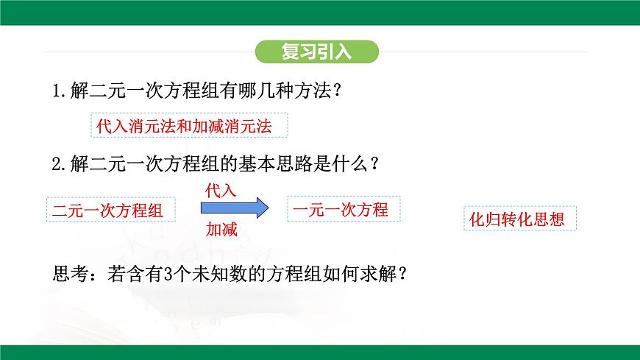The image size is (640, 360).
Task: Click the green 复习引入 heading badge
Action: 317,52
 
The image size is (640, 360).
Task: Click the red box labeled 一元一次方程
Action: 340,209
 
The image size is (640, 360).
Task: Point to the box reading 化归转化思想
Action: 519,218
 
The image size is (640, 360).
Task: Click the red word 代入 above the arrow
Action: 221,190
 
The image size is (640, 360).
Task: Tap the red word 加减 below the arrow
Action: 221,230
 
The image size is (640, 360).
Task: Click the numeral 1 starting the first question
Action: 58,91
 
